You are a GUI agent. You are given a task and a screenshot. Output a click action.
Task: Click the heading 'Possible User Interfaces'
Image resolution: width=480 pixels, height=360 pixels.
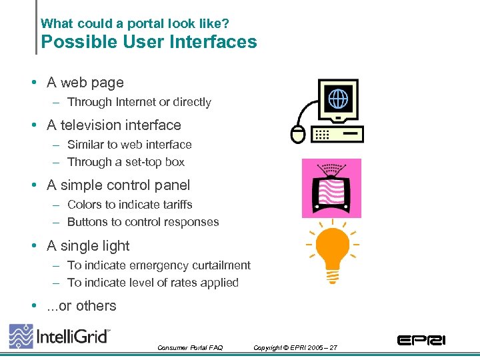click(149, 42)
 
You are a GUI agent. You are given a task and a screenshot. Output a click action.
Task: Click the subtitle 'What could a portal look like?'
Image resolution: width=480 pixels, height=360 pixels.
click(135, 23)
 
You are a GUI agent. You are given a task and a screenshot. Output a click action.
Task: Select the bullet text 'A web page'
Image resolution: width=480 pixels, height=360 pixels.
click(85, 83)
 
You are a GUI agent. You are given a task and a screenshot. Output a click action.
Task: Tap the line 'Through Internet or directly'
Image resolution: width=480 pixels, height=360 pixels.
click(139, 102)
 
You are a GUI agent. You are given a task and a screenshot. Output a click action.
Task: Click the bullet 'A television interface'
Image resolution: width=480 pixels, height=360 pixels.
click(114, 125)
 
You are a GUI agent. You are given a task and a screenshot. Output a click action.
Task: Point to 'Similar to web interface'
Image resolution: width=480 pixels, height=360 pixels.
click(129, 145)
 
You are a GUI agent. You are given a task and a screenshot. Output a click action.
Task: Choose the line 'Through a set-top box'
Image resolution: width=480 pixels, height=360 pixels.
click(126, 162)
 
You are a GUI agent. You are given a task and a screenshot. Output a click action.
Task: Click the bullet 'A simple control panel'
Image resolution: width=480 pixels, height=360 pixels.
click(119, 185)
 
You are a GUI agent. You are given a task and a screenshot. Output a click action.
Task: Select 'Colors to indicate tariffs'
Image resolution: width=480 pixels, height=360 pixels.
click(130, 205)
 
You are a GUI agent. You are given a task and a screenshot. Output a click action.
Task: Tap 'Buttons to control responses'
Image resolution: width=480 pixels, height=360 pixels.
click(143, 222)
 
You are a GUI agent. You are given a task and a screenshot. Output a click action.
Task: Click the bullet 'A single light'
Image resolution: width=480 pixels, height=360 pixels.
click(89, 246)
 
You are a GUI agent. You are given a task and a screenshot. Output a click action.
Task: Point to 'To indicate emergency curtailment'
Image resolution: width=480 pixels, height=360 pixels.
click(159, 265)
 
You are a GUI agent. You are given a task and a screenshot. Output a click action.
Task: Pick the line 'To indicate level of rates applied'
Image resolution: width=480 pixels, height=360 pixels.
click(153, 283)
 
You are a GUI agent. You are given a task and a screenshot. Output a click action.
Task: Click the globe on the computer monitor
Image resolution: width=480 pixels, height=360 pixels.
click(338, 99)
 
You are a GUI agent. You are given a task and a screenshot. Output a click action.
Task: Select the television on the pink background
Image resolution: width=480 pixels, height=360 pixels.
click(331, 189)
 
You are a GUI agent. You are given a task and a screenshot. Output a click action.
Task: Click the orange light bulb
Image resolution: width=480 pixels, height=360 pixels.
click(332, 249)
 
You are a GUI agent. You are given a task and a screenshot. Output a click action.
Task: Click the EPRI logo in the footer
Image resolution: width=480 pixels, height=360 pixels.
click(421, 340)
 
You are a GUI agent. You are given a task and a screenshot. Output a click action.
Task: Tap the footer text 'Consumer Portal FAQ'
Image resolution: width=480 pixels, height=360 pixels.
click(190, 348)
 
